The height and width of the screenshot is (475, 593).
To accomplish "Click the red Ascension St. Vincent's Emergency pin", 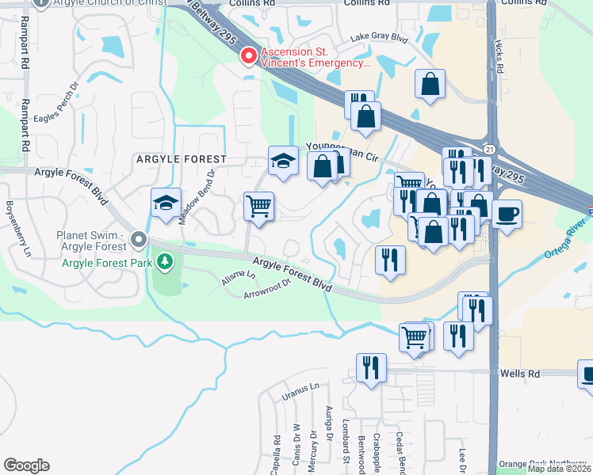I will (249, 56).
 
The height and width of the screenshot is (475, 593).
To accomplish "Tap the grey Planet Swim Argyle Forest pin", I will (140, 238).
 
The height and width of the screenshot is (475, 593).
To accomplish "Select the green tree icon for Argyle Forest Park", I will (165, 260).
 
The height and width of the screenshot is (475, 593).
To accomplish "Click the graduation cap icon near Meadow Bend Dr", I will (166, 203).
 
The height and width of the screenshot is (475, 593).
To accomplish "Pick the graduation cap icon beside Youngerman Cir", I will (282, 161).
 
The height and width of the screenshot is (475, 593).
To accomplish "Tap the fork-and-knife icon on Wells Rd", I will (371, 367).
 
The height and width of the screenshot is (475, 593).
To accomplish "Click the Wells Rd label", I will (518, 373).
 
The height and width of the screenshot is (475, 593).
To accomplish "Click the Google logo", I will (26, 465).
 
